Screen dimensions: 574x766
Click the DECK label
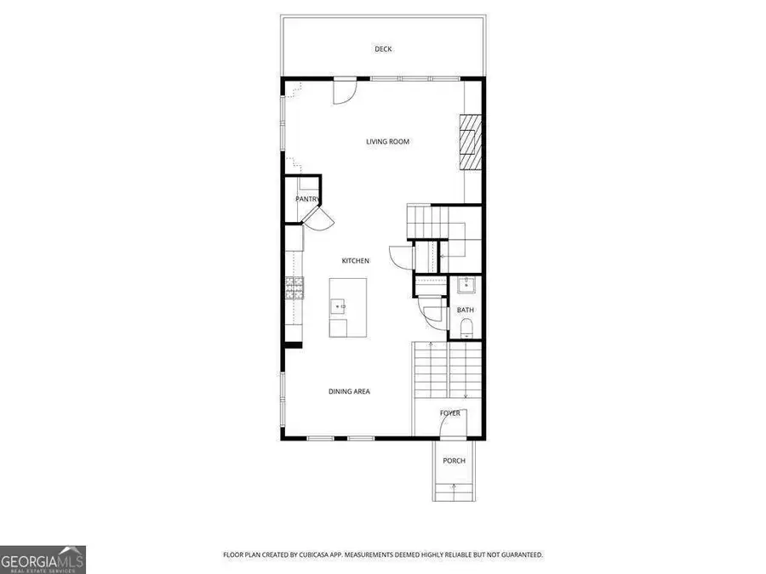(383, 49)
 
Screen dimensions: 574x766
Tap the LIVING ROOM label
(387, 141)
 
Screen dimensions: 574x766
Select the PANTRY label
(306, 199)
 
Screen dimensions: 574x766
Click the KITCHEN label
(355, 260)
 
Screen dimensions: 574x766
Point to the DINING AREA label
(349, 391)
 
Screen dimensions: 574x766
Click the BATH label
(465, 310)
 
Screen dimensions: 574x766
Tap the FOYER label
(449, 413)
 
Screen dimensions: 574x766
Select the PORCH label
(454, 461)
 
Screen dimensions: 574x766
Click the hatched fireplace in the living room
(470, 142)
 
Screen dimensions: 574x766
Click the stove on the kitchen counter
(294, 289)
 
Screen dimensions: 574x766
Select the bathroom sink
(465, 285)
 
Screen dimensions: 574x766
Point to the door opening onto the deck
(344, 90)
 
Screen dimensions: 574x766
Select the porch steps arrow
(454, 489)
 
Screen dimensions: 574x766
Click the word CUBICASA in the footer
(334, 554)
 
